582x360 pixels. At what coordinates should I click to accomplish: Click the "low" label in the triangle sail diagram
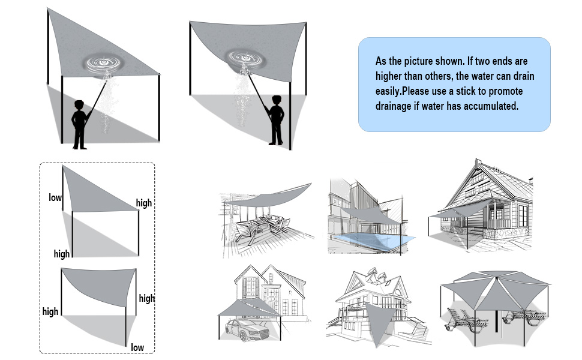[55, 197]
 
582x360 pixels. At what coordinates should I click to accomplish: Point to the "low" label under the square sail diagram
[137, 347]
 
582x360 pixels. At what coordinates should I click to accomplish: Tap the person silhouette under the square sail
[276, 120]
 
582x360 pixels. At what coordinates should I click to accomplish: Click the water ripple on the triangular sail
[103, 63]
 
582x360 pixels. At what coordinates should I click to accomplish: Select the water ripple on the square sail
[245, 58]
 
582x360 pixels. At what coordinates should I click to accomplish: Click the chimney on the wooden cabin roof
[478, 164]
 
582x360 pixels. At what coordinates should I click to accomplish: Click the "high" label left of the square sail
[50, 311]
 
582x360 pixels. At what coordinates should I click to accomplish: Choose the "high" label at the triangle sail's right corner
[144, 203]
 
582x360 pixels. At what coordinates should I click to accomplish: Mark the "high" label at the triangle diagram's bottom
[62, 254]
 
